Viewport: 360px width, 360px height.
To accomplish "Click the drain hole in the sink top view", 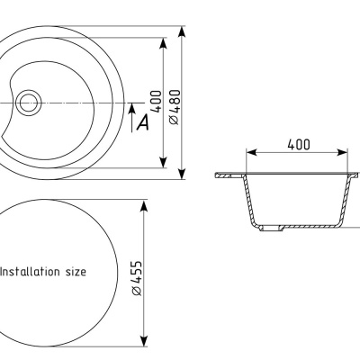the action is [x=28, y=103].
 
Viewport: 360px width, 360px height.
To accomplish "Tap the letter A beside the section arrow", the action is [x=143, y=122].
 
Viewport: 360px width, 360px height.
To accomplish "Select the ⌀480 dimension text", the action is [x=175, y=107].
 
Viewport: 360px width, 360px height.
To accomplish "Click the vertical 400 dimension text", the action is [x=156, y=101].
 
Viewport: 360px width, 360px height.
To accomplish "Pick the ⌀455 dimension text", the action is [x=137, y=278].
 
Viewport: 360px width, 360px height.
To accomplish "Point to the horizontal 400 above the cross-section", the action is [x=299, y=145].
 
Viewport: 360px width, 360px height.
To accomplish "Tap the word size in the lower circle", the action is [x=76, y=272].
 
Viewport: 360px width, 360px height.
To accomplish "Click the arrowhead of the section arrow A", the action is [x=131, y=108].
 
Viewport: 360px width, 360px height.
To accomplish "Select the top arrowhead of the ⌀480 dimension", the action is [x=182, y=31].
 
